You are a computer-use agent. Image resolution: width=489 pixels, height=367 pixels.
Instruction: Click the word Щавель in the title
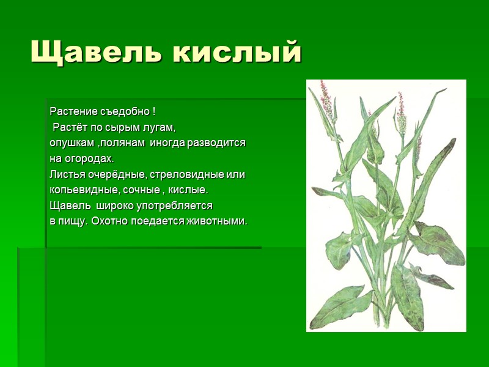coord(95,53)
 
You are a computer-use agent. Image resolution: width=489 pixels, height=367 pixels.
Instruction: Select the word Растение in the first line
coord(72,112)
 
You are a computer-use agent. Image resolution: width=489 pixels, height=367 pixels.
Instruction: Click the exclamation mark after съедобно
coord(153,112)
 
